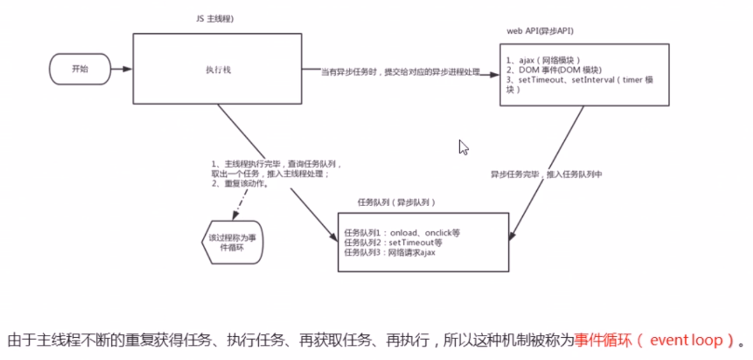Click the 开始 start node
pos(80,69)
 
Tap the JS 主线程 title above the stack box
pos(214,19)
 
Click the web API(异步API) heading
pos(540,31)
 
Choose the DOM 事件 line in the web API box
pos(553,69)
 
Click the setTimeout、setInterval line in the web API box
pos(579,80)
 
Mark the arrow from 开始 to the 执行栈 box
pos(121,69)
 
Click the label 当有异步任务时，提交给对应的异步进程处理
pos(401,72)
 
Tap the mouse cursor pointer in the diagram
pos(463,146)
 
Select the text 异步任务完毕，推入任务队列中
pos(546,174)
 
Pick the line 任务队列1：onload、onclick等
pos(402,232)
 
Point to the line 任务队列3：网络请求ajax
pos(390,252)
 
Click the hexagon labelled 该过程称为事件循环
pos(232,241)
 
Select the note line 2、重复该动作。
pos(240,183)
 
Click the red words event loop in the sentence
pos(685,340)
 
